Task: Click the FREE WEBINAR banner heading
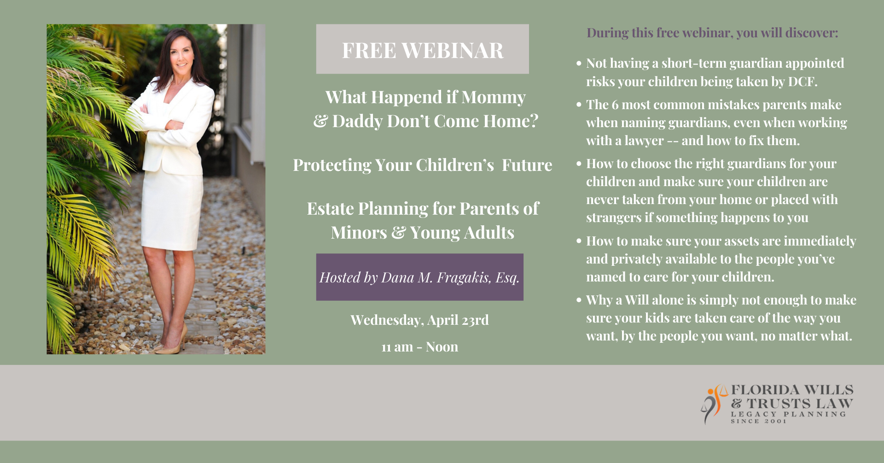tap(423, 50)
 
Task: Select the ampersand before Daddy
tap(320, 121)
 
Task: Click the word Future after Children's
tap(527, 165)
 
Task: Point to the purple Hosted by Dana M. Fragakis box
tap(420, 277)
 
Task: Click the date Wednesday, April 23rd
tap(419, 320)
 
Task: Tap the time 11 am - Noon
tap(419, 346)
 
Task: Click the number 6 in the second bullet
tap(615, 105)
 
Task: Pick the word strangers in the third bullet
tap(614, 217)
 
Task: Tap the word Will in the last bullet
tap(637, 300)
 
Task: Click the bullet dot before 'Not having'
tap(579, 64)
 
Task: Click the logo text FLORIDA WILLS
tap(792, 390)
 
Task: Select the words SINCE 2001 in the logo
tap(759, 421)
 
